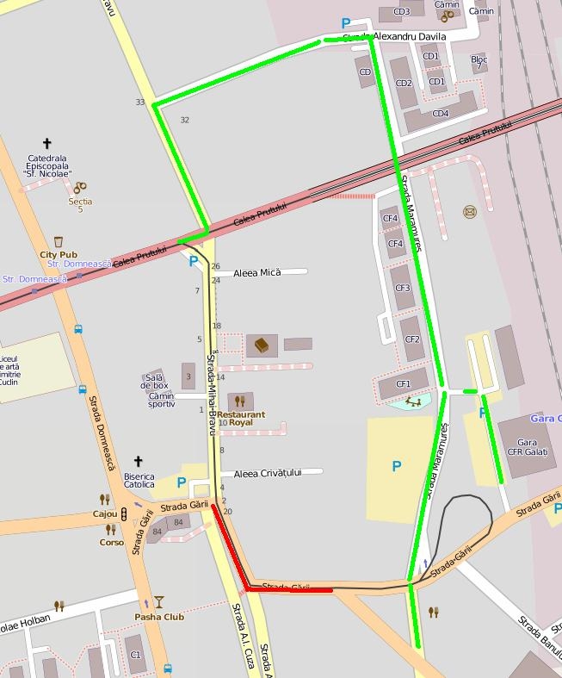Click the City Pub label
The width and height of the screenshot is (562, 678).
coord(58,255)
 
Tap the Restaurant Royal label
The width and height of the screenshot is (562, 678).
coord(240,419)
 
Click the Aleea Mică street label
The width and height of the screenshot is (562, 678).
coord(257,272)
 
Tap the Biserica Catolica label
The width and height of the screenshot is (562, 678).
coord(139,480)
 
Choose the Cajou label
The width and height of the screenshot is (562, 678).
coord(105,514)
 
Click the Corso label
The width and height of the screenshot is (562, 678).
coord(111,543)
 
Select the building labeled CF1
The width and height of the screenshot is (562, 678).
coord(403,383)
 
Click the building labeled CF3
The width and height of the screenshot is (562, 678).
coord(402,288)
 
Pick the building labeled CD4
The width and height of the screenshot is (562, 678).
coord(441,114)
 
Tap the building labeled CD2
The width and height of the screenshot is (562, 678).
coord(403,83)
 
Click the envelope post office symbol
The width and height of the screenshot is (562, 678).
coord(470,212)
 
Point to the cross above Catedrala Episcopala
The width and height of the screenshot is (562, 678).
coord(46,144)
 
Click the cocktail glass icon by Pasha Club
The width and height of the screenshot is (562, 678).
coord(158,602)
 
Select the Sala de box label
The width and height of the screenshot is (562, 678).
coord(155,382)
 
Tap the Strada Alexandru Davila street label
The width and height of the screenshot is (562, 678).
coord(394,37)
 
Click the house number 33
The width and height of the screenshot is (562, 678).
coord(140,103)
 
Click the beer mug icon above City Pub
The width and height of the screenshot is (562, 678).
coord(58,242)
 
